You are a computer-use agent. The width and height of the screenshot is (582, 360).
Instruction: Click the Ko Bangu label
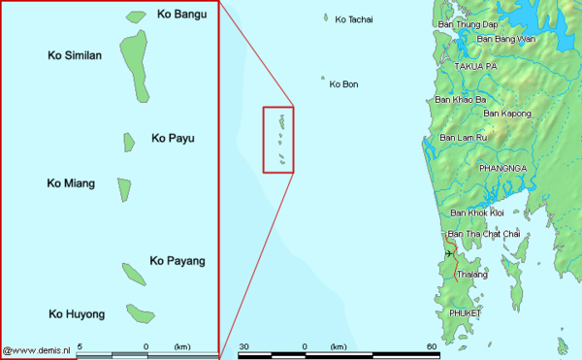(179, 15)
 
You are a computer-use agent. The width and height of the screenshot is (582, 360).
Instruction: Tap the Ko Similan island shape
(135, 66)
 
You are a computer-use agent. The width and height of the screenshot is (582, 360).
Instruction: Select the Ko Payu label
(173, 139)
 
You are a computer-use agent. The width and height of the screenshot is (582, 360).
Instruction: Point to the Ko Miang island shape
(124, 188)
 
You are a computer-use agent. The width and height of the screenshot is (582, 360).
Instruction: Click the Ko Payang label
(178, 260)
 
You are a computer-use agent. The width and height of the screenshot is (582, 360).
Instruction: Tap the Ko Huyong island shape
(140, 314)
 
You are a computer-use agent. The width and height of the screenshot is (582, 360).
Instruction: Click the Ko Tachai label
(353, 19)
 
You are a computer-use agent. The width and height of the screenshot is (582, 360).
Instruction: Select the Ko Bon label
(344, 84)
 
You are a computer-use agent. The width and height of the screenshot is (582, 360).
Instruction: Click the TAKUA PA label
(475, 65)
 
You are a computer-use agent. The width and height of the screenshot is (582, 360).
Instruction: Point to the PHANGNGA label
(501, 168)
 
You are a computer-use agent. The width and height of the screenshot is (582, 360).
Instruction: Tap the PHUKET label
(466, 313)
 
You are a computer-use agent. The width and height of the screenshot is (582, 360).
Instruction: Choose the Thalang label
(471, 275)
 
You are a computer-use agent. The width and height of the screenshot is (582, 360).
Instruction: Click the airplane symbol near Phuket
(449, 254)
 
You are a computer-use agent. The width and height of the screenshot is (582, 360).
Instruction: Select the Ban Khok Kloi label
(475, 213)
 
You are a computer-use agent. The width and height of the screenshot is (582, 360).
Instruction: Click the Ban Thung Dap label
(468, 23)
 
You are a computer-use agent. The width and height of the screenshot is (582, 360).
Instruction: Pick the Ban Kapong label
(507, 114)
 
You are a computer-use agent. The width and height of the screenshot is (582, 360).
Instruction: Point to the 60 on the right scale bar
(431, 346)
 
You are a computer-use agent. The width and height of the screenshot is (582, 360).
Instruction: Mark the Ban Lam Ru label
(464, 138)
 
